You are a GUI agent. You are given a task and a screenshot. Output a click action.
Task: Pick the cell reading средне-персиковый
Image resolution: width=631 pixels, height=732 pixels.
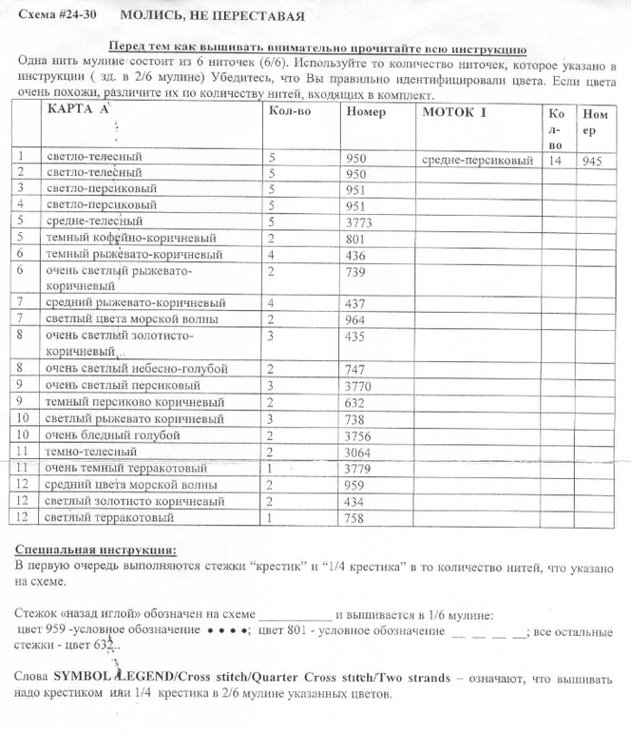(476, 161)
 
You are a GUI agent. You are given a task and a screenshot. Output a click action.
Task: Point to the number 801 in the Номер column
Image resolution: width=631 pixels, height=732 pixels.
(357, 239)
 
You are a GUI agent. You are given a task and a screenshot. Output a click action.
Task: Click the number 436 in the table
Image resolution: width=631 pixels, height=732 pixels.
(357, 255)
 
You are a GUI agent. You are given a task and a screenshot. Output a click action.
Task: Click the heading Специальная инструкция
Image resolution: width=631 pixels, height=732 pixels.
(96, 550)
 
